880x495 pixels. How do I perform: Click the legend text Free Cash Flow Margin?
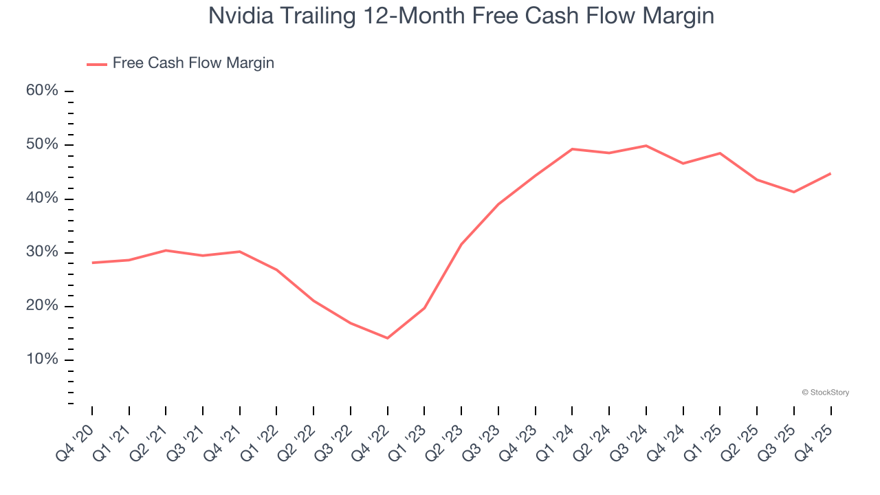pyautogui.click(x=193, y=63)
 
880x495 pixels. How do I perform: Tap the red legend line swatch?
pyautogui.click(x=96, y=64)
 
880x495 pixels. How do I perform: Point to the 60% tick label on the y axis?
pyautogui.click(x=43, y=91)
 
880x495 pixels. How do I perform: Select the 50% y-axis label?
pyautogui.click(x=43, y=144)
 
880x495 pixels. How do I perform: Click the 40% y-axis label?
pyautogui.click(x=43, y=199)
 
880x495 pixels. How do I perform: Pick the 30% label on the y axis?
pyautogui.click(x=43, y=252)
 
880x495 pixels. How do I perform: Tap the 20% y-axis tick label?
pyautogui.click(x=43, y=306)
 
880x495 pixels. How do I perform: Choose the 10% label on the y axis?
pyautogui.click(x=43, y=360)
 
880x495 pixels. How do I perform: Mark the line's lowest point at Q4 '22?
pyautogui.click(x=388, y=338)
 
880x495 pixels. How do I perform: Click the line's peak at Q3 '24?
pyautogui.click(x=646, y=146)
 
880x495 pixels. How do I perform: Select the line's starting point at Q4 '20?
pyautogui.click(x=92, y=263)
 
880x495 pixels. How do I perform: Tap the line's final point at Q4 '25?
pyautogui.click(x=830, y=173)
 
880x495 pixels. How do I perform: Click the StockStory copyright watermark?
pyautogui.click(x=825, y=393)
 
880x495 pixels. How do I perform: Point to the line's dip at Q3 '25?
pyautogui.click(x=794, y=192)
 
